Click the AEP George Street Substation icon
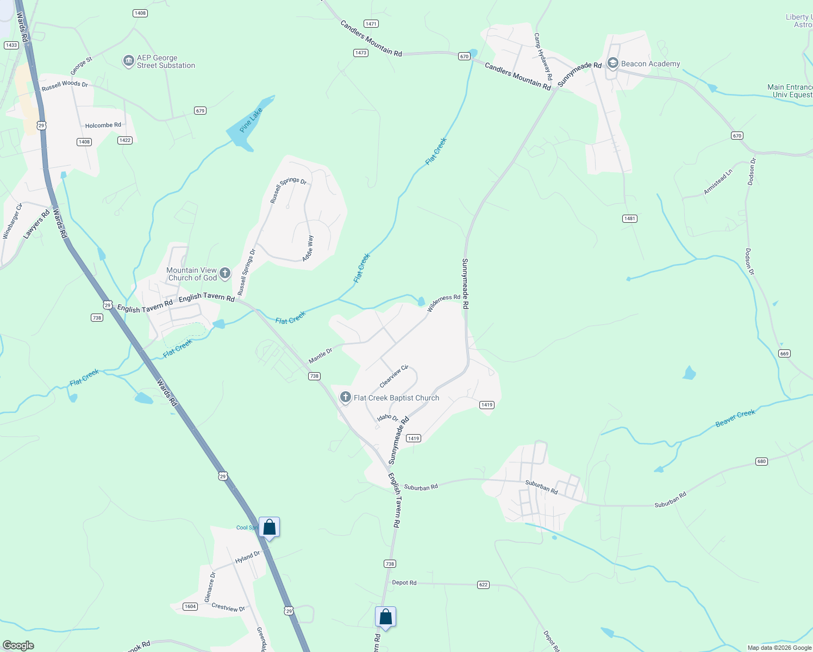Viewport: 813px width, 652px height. pyautogui.click(x=129, y=61)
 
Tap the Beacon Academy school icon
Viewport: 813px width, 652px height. pyautogui.click(x=613, y=64)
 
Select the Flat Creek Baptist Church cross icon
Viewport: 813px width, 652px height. pyautogui.click(x=345, y=397)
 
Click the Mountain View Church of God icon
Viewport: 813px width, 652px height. pyautogui.click(x=225, y=273)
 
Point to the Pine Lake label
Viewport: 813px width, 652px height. pyautogui.click(x=251, y=120)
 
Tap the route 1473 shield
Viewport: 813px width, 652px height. pyautogui.click(x=361, y=53)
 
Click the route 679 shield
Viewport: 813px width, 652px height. pyautogui.click(x=201, y=111)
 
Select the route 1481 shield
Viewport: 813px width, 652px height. pyautogui.click(x=629, y=218)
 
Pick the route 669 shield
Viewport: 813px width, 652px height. pyautogui.click(x=784, y=354)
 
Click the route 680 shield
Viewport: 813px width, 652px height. pyautogui.click(x=761, y=461)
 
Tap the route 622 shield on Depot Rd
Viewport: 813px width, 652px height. pyautogui.click(x=483, y=585)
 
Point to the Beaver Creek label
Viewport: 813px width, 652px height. pyautogui.click(x=735, y=418)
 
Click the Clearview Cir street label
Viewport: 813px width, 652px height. pyautogui.click(x=394, y=376)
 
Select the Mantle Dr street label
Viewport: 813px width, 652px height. pyautogui.click(x=320, y=356)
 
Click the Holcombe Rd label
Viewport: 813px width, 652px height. pyautogui.click(x=103, y=126)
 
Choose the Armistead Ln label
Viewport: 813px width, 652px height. pyautogui.click(x=718, y=181)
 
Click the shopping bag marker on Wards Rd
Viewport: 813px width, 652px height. pyautogui.click(x=269, y=527)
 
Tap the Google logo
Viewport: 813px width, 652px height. pyautogui.click(x=18, y=645)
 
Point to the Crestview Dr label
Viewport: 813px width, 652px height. pyautogui.click(x=228, y=607)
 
